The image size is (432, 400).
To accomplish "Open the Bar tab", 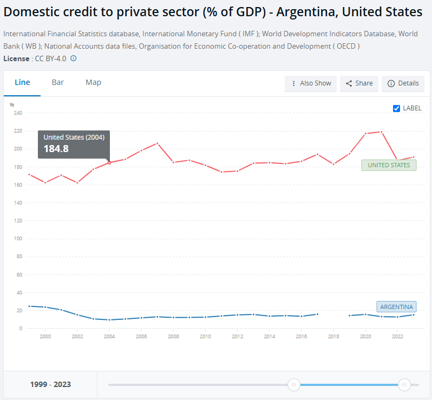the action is pos(57,82).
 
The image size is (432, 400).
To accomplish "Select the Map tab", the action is pos(94,82).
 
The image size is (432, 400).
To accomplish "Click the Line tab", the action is pos(22,82).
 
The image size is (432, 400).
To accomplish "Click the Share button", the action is pos(359,83).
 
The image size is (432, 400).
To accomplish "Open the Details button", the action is pos(403,83).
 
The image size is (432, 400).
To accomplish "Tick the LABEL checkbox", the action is pos(396,108).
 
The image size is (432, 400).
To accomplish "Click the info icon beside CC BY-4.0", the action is pos(73,58).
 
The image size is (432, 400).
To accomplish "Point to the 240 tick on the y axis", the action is pos(18,113).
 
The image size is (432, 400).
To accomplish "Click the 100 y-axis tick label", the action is pos(18,239).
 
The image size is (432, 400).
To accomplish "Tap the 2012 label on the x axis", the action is pos(237,336).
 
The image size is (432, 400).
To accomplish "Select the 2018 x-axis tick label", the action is pos(333,336).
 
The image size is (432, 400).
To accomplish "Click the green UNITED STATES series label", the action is pos(389,165).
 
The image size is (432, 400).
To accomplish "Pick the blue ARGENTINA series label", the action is pos(396,307).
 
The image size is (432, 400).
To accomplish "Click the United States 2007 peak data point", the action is pos(158,143).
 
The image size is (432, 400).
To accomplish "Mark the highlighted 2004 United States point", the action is pos(109,162).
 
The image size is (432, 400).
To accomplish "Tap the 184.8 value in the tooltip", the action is pos(56,149).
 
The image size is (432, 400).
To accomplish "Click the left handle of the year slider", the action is pos(294,384).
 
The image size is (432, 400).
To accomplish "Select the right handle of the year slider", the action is pos(404,384).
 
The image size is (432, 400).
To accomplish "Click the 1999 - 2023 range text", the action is pos(50,384).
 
